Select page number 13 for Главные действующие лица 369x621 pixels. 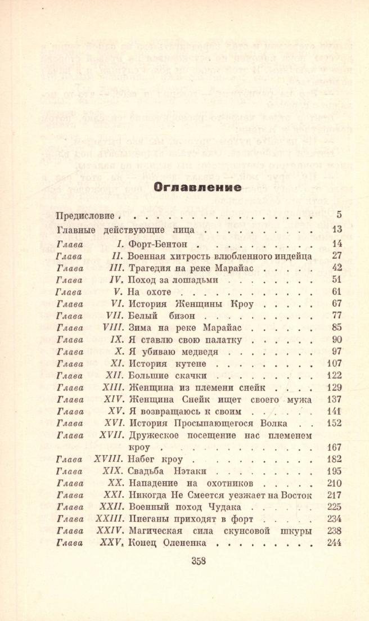pyautogui.click(x=337, y=229)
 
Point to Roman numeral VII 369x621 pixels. pyautogui.click(x=114, y=316)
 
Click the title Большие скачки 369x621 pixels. pyautogui.click(x=169, y=376)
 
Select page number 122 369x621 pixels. pyautogui.click(x=335, y=376)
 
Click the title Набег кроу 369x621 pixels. pyautogui.click(x=156, y=459)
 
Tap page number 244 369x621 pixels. pyautogui.click(x=335, y=543)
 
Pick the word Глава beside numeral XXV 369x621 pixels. pyautogui.click(x=70, y=543)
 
